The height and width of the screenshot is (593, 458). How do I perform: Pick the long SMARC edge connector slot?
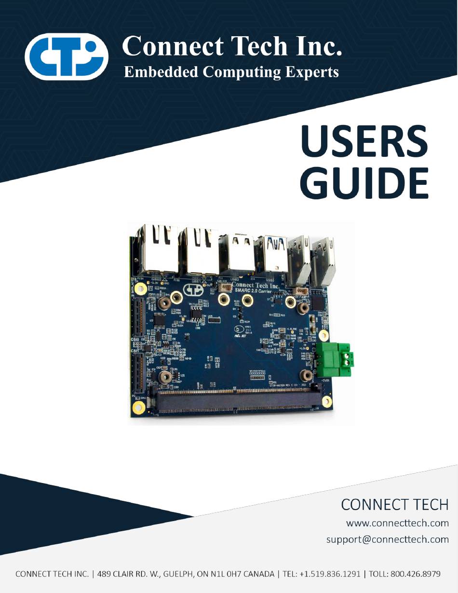tap(236, 400)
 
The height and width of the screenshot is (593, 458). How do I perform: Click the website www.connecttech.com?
tap(397, 523)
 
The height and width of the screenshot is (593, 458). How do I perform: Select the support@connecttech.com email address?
tap(387, 539)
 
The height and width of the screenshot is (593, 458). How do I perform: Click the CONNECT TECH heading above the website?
tap(394, 505)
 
